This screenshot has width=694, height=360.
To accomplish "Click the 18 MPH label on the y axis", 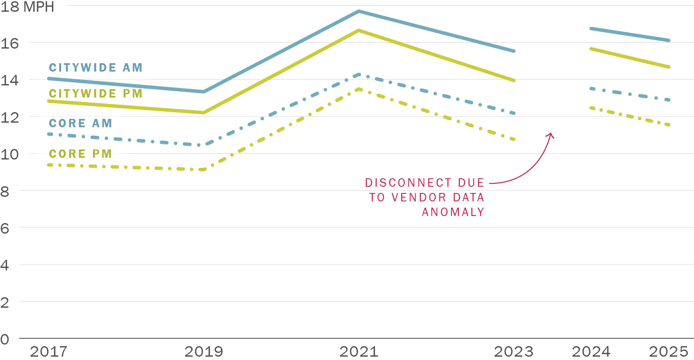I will (x=27, y=7).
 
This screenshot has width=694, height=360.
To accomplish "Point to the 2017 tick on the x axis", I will (x=49, y=351).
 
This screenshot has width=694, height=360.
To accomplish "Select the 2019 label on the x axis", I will (x=204, y=351).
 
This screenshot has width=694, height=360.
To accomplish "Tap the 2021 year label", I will (x=359, y=351).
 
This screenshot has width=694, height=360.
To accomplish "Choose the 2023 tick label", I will (x=514, y=351).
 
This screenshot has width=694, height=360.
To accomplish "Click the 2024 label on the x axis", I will (x=591, y=351).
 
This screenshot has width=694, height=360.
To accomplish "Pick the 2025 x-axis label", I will (x=668, y=351).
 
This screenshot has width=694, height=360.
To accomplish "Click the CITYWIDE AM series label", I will (x=95, y=68).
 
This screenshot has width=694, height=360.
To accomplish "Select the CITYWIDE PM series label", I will (x=95, y=94).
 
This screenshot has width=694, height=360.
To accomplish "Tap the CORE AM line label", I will (x=80, y=123).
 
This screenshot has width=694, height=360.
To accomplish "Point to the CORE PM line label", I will (x=80, y=154).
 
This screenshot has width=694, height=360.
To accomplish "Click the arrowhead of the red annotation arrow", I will (x=551, y=135).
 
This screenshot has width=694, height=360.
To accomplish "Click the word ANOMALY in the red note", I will (x=453, y=212).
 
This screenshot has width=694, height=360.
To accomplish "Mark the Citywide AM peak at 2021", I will (x=359, y=11).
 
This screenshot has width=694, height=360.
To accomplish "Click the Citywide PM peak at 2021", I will (x=359, y=30).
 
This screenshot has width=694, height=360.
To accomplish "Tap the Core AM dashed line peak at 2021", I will (x=359, y=75).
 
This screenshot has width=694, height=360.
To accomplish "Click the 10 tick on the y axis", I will (x=9, y=154).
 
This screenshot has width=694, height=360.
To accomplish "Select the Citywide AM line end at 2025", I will (x=669, y=41).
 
